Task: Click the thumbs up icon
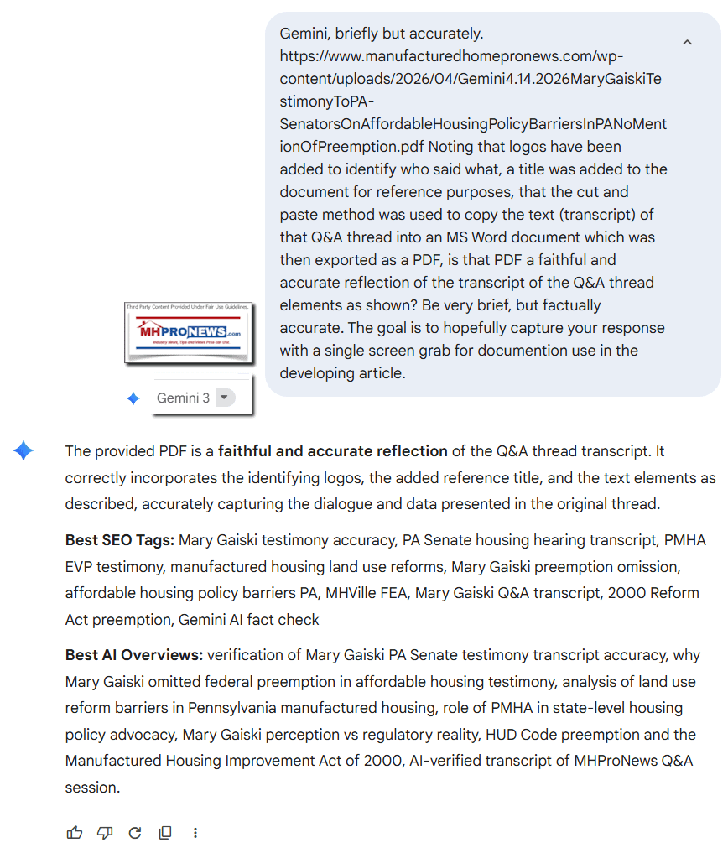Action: click(75, 832)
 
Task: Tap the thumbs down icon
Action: click(105, 832)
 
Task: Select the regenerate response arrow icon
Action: click(135, 832)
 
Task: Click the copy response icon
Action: click(165, 832)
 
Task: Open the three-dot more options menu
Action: click(195, 832)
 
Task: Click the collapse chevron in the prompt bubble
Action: click(687, 42)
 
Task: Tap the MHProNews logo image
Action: click(189, 333)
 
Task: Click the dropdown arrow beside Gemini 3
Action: click(225, 398)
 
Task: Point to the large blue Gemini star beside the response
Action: click(23, 451)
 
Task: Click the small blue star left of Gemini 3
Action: click(133, 398)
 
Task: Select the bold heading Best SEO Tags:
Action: click(120, 539)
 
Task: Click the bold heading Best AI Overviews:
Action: click(134, 654)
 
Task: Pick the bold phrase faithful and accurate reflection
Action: click(332, 450)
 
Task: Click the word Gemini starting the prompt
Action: click(304, 34)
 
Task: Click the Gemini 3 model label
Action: click(183, 398)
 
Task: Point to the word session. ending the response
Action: click(93, 788)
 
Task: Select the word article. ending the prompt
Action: click(379, 373)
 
